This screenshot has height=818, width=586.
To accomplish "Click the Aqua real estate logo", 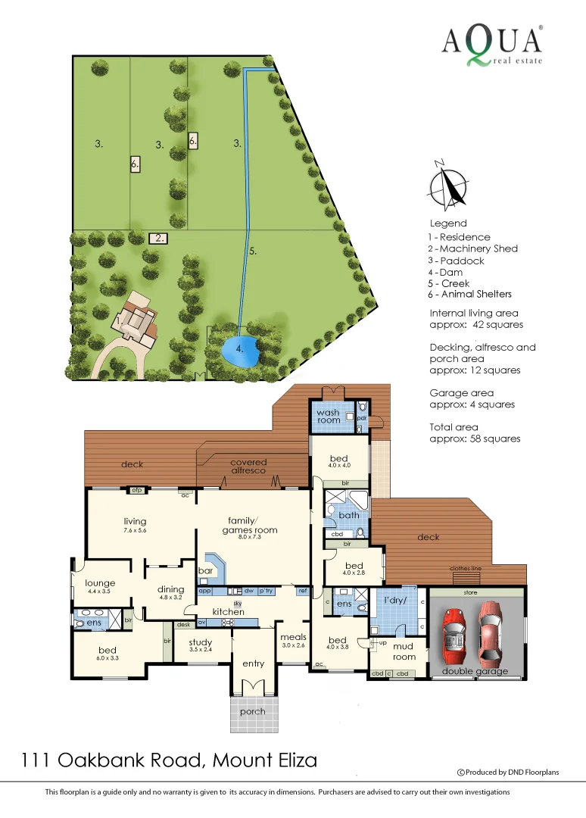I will coord(492,44).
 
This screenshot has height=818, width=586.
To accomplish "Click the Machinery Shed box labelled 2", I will coord(157,238).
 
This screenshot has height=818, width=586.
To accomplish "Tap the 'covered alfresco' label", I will coord(248,467).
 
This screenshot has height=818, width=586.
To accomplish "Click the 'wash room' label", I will coord(328,417).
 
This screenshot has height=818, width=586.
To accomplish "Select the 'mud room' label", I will coord(404,651).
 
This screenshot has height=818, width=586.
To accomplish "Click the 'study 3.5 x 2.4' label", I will coord(200,645).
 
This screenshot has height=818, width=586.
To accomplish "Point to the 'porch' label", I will coord(253,711).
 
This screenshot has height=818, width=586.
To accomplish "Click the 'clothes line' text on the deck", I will coord(465,568).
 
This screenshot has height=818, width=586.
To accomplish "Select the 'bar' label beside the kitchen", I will coord(204,570).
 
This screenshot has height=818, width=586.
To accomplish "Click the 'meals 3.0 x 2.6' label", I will coord(293,641).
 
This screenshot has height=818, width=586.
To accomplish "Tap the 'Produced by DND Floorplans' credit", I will coord(508,773).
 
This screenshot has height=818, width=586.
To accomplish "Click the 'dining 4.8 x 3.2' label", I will coord(170,592).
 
